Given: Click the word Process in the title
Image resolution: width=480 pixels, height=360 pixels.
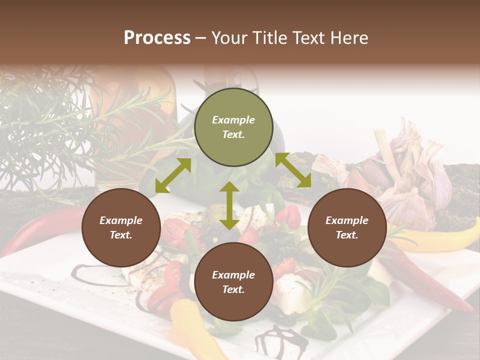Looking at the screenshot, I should tap(157, 38).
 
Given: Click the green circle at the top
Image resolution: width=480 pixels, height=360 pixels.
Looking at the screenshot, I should tap(233, 127).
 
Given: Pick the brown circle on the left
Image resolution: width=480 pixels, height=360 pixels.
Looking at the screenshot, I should tap(121, 228).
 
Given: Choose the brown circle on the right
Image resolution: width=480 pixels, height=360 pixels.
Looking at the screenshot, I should tap(347, 228).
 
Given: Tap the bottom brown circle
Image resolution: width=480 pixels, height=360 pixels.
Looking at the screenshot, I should tap(233, 282).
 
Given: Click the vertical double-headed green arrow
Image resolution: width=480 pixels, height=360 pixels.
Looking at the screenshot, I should tap(229, 205).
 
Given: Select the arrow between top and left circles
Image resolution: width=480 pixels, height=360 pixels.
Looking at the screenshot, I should tap(173, 175).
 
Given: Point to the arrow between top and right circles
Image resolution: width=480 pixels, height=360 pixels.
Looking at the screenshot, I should tap(293, 170).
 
